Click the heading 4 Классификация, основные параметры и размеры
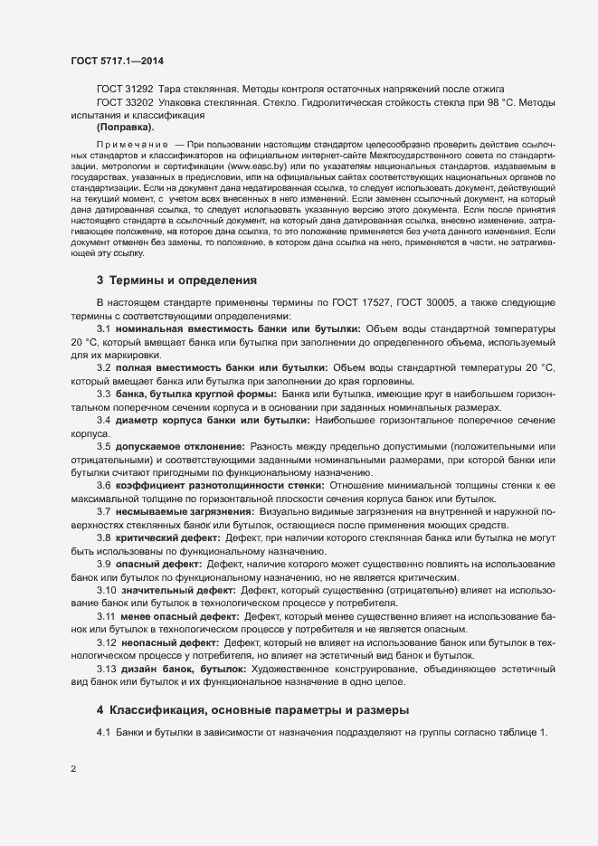pyautogui.click(x=252, y=708)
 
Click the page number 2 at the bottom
pyautogui.click(x=72, y=770)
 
